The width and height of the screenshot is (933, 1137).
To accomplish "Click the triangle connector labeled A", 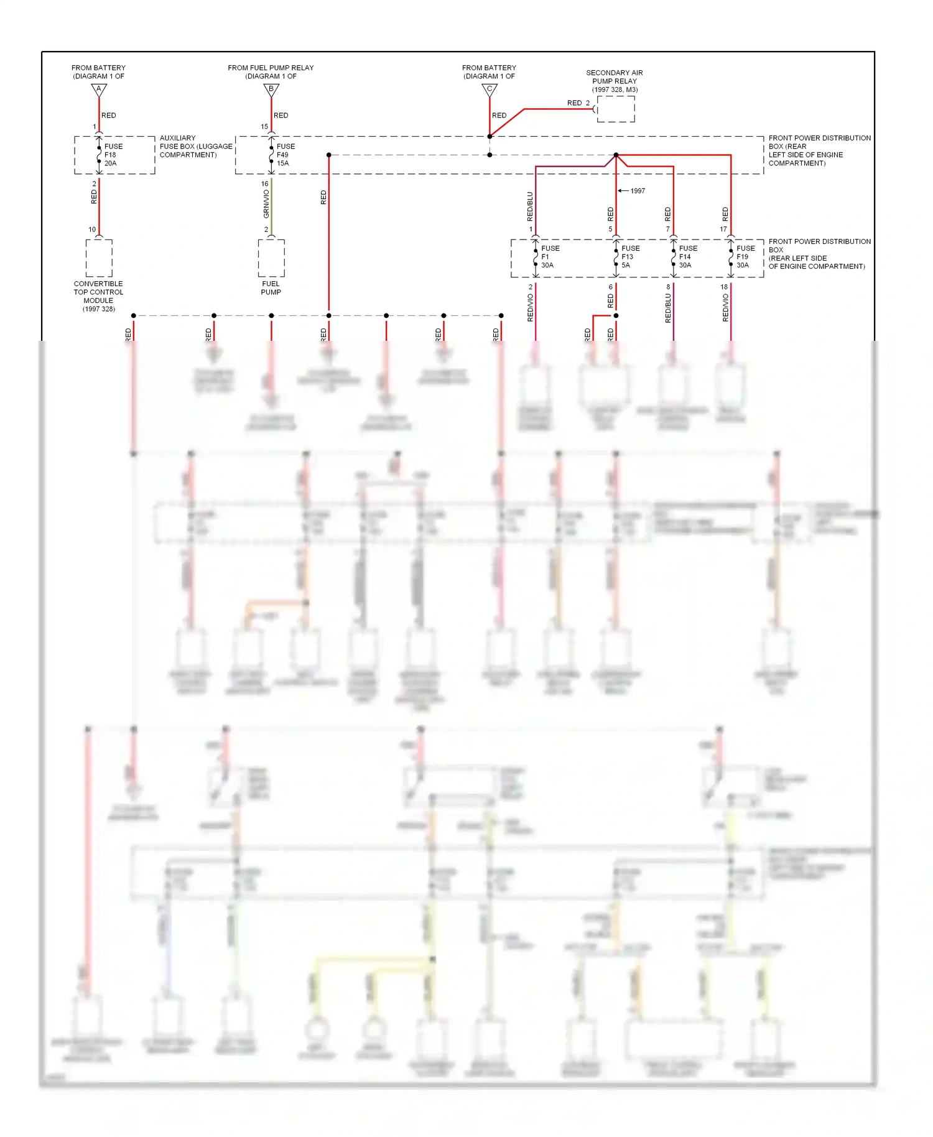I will pos(99,90).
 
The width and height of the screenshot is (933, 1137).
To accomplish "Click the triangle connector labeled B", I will pos(271,90).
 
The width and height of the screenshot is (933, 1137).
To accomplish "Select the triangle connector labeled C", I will pos(490,90).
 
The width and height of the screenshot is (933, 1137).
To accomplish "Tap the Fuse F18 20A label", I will pos(113,155).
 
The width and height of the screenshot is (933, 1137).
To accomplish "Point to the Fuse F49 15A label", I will pos(285,155).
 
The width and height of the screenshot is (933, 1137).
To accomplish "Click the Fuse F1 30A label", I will pos(549,256).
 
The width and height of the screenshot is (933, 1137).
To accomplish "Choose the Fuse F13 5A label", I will pos(629,256).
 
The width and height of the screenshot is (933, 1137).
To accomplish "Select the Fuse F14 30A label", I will pos(687,256).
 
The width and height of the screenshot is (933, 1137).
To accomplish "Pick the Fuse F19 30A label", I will pos(745,256).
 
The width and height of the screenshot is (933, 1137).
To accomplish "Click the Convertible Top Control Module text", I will pos(98,295).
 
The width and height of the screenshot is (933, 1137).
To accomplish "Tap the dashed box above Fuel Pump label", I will pos(271,258).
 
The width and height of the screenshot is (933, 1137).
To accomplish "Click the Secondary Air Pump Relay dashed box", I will pos(616,109).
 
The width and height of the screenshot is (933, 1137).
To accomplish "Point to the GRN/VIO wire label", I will pos(266,203).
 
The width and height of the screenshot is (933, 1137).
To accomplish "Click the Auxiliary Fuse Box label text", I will pos(195,146).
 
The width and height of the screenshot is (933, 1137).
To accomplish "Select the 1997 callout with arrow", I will pos(633,191).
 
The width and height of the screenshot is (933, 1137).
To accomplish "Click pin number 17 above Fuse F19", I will pos(723,230).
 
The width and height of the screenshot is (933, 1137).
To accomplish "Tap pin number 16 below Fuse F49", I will pos(264,183).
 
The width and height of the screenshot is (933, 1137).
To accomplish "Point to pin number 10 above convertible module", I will pos(92,230).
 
